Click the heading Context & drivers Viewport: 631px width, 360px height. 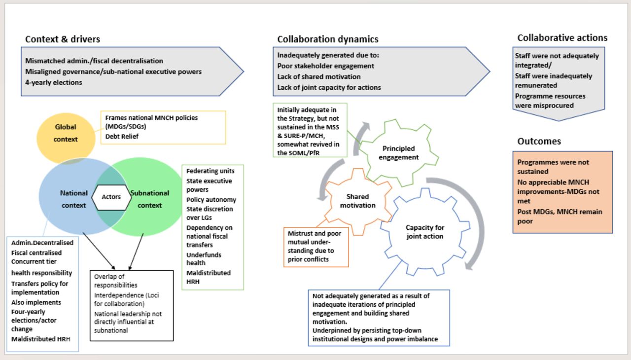[x=63, y=39]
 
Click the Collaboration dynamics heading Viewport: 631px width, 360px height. [x=328, y=39]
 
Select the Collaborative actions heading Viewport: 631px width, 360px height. [x=562, y=37]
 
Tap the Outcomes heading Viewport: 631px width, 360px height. [x=539, y=141]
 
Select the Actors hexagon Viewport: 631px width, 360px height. [x=111, y=197]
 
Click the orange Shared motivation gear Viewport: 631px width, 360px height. [x=357, y=201]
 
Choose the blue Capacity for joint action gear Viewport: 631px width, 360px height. [x=424, y=232]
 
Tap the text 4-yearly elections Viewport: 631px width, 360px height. [x=54, y=82]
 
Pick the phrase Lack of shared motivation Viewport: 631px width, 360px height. [x=318, y=76]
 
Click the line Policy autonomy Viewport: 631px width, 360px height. [x=211, y=200]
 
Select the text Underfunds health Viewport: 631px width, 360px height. [x=204, y=259]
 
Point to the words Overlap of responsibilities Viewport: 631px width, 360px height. [x=116, y=281]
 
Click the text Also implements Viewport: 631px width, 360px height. [x=36, y=302]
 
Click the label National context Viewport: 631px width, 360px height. [x=74, y=199]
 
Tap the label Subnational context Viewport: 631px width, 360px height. [x=150, y=199]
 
